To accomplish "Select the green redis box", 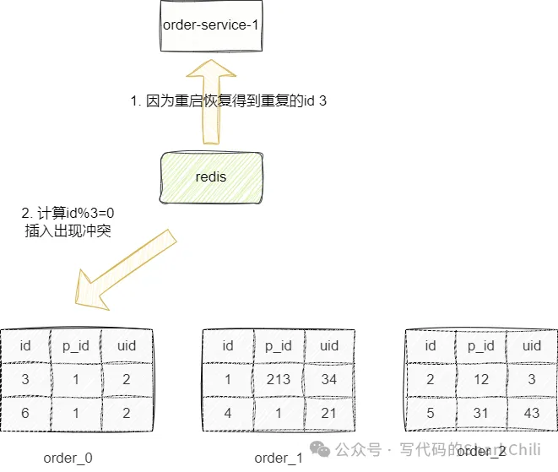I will (211, 177).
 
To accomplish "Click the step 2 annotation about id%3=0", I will (68, 221).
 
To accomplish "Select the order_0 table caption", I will (68, 458).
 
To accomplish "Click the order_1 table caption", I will (278, 458).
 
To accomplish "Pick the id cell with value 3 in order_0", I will (25, 380).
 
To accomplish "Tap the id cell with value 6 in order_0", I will (25, 414).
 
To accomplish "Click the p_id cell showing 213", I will (279, 380).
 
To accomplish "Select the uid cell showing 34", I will (329, 380).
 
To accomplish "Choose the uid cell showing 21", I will (329, 414).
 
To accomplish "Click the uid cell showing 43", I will (532, 414).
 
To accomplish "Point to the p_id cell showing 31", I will (481, 414).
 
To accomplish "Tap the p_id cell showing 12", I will (481, 380).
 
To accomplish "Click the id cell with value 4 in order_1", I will (228, 414).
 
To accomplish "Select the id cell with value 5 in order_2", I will (431, 414).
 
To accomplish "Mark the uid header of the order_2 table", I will (532, 345).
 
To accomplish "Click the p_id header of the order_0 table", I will (75, 345).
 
